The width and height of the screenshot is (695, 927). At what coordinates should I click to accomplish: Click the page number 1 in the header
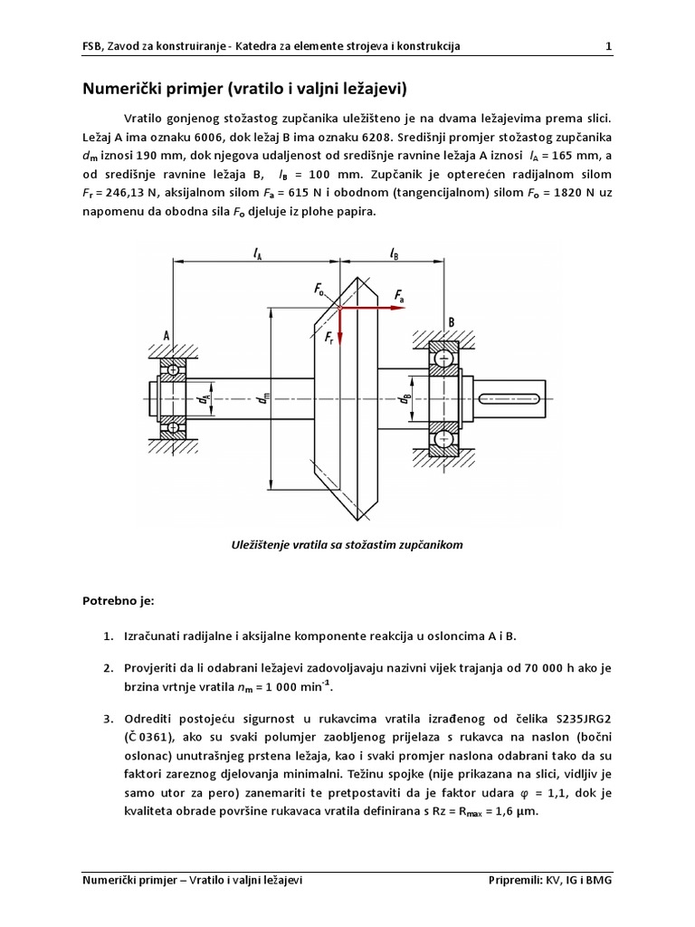pyautogui.click(x=608, y=46)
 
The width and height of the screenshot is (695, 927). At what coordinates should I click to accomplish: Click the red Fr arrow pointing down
pyautogui.click(x=338, y=326)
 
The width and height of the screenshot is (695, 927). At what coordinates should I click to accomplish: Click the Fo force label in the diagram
pyautogui.click(x=320, y=290)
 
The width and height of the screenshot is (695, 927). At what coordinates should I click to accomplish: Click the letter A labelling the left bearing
pyautogui.click(x=167, y=335)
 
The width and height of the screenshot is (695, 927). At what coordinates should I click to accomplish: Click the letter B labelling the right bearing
pyautogui.click(x=451, y=321)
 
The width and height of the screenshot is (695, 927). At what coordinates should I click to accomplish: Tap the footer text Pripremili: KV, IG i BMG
pyautogui.click(x=550, y=878)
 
